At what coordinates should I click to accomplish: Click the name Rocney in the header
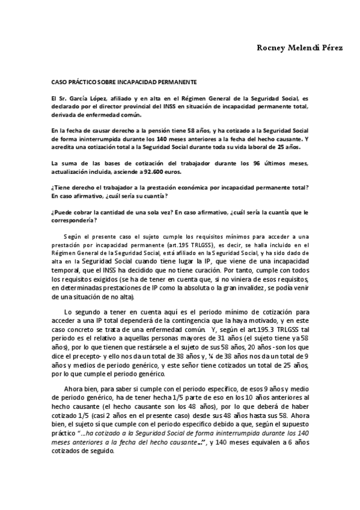pos(257,48)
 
